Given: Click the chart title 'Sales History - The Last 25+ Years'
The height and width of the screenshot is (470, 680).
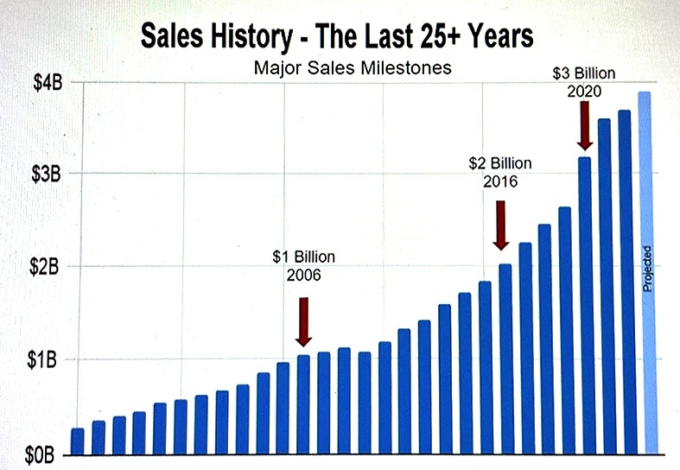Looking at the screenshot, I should (x=338, y=38).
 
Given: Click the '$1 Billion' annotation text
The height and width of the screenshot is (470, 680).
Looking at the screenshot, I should (x=303, y=257).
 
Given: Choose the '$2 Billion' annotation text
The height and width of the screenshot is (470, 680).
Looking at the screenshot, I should (x=500, y=162).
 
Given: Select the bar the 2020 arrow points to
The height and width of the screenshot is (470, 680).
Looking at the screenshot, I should (x=585, y=302).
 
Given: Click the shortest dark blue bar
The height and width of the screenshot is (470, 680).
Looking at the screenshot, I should (x=78, y=441).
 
